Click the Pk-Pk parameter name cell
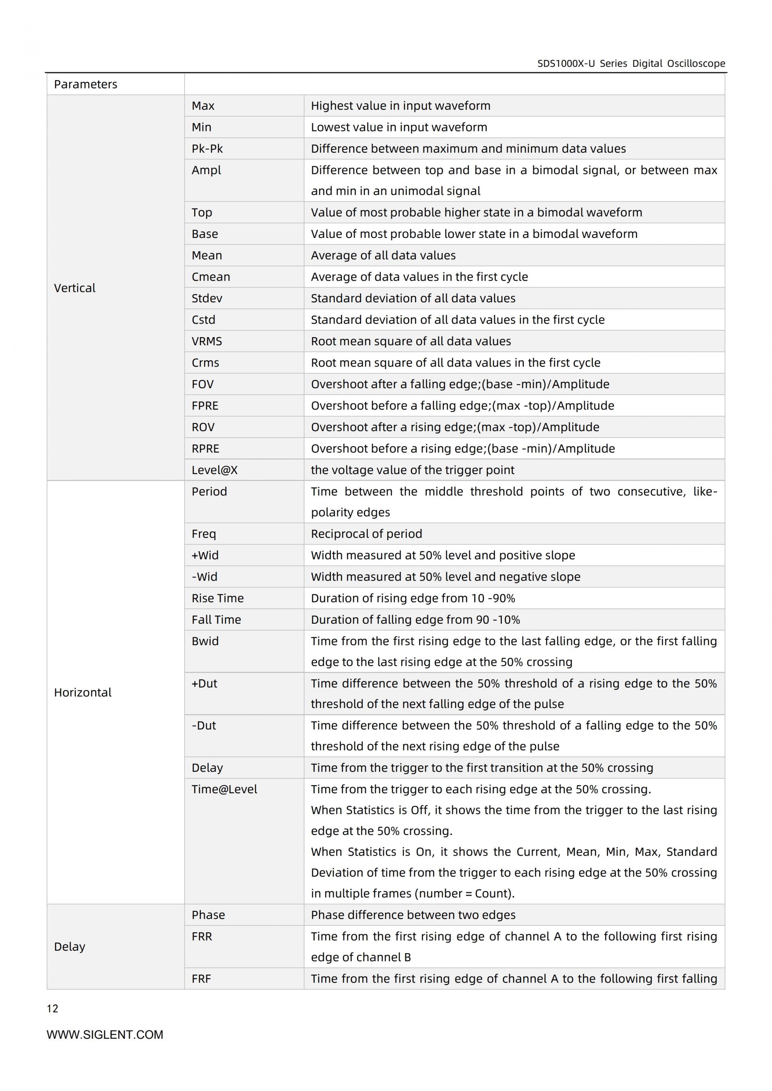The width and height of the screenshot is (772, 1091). (x=207, y=149)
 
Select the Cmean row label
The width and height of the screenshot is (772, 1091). (x=211, y=277)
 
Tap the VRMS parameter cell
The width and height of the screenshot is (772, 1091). (x=206, y=341)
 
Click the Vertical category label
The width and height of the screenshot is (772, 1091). (x=75, y=288)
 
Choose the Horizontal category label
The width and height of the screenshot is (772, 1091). (x=83, y=692)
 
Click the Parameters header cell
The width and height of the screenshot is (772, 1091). (x=86, y=84)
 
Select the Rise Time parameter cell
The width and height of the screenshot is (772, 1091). (x=217, y=598)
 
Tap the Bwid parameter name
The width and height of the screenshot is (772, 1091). (x=205, y=641)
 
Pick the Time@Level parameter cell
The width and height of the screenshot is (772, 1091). (x=224, y=789)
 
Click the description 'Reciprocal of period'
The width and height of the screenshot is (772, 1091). (x=366, y=534)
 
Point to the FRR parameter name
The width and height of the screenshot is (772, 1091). (x=201, y=936)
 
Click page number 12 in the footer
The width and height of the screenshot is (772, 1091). (x=52, y=1009)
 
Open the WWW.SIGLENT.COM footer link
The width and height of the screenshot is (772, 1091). (x=105, y=1035)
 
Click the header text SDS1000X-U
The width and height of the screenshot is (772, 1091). (x=566, y=63)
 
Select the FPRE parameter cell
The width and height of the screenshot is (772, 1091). (x=205, y=406)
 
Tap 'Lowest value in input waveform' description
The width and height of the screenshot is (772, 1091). (x=399, y=127)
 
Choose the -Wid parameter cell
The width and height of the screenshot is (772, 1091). (x=204, y=577)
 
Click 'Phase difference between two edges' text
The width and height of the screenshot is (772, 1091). (x=413, y=915)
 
